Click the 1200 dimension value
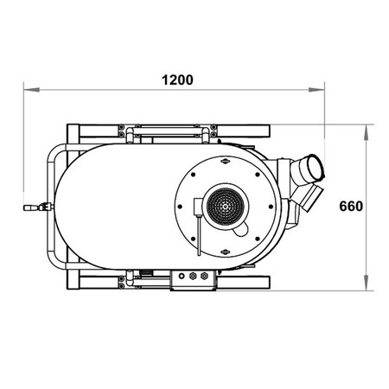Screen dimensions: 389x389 [x=177, y=80]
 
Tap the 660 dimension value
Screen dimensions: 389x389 [x=351, y=207]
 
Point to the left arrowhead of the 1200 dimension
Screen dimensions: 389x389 [x=31, y=90]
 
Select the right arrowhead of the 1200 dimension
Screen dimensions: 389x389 [x=316, y=90]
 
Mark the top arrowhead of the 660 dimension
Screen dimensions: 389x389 [x=366, y=132]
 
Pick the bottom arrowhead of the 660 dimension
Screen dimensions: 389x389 [x=366, y=283]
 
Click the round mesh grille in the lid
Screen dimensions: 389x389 [x=226, y=206]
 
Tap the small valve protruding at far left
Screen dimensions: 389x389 [x=38, y=207]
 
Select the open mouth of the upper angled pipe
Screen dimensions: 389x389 [x=316, y=168]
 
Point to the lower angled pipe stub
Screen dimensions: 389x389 [x=310, y=198]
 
